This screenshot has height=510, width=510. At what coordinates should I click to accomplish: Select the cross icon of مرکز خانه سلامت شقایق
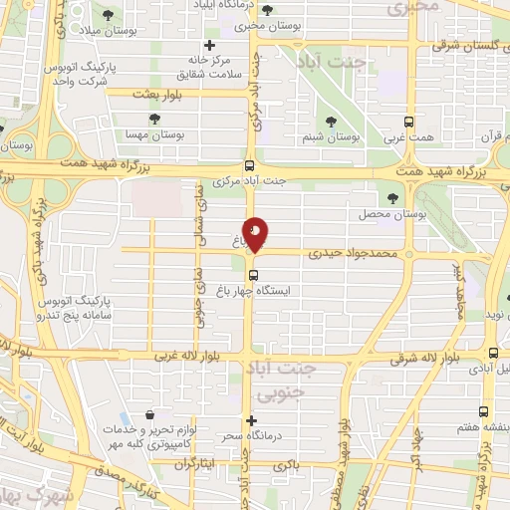click(209, 45)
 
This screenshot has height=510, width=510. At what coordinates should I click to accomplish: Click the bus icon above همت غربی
click(409, 116)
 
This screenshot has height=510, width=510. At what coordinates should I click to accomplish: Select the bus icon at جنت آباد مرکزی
click(248, 166)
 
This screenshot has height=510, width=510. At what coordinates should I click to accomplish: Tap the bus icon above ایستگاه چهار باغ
click(253, 275)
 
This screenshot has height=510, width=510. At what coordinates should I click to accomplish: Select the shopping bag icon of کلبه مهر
click(148, 414)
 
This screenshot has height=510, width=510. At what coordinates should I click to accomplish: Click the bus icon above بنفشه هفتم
click(483, 411)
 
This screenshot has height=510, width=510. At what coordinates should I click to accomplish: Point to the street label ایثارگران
click(195, 464)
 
